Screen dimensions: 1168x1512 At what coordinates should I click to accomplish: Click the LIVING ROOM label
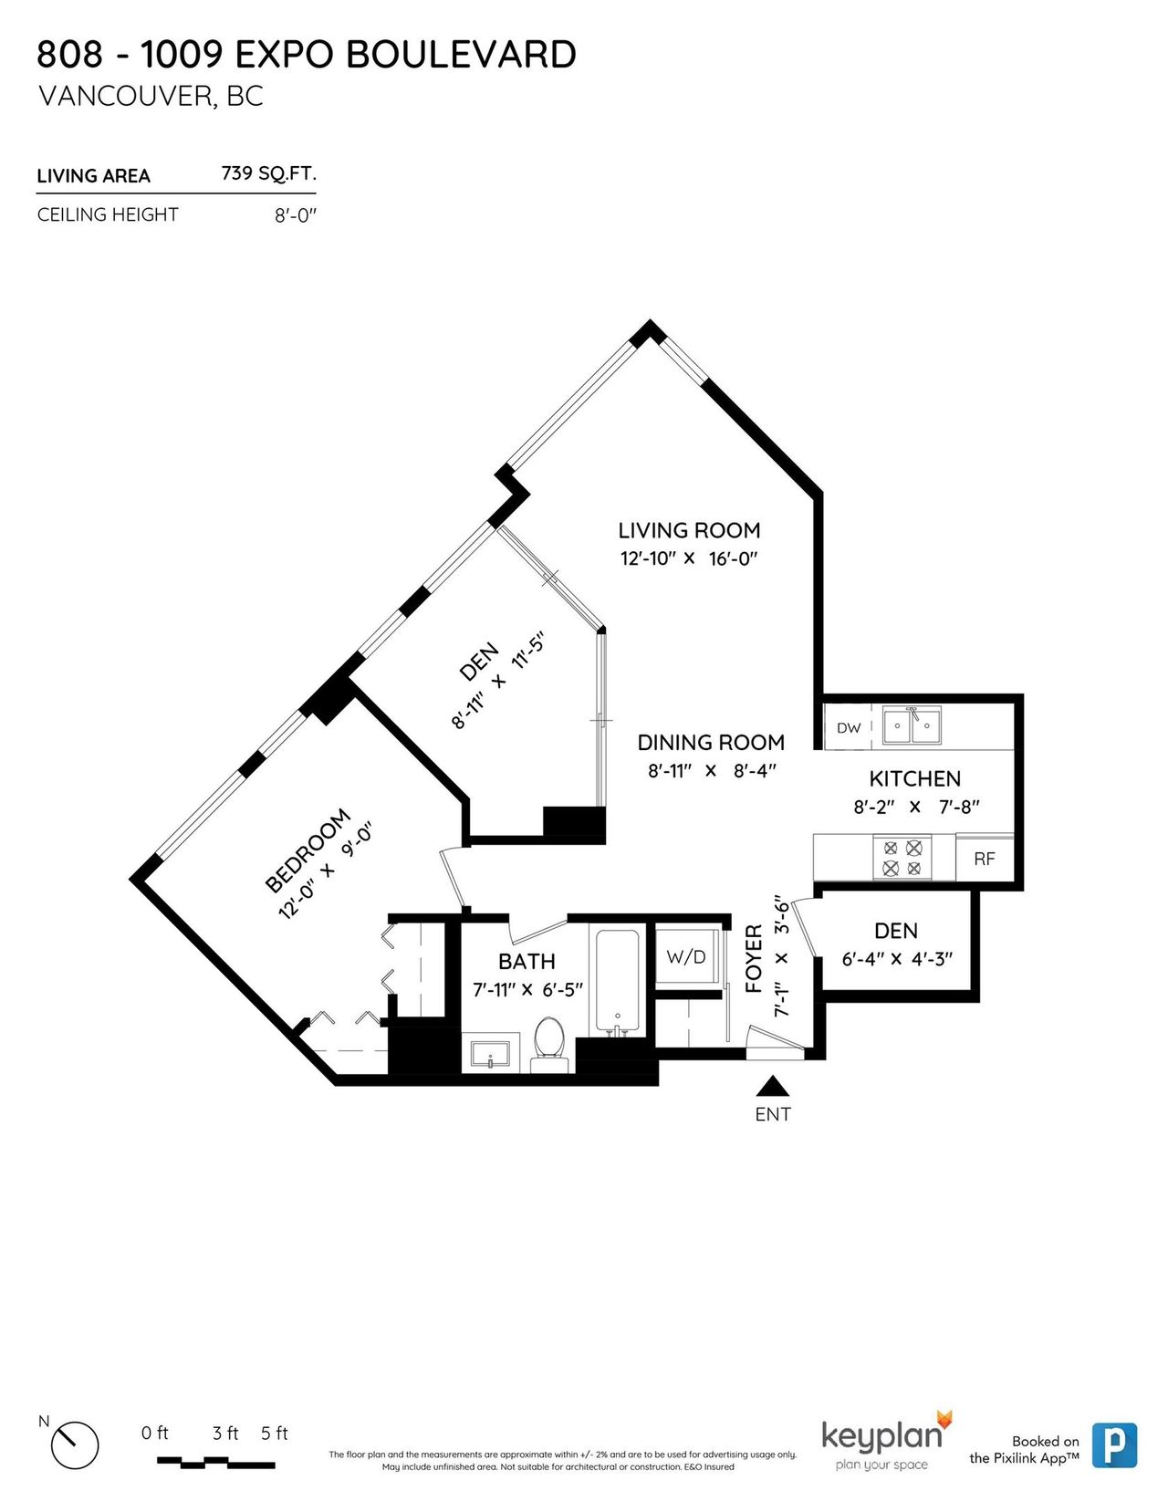(x=689, y=530)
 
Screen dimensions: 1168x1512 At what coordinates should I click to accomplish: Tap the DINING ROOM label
(x=711, y=743)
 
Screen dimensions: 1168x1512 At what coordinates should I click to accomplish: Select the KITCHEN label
(x=915, y=778)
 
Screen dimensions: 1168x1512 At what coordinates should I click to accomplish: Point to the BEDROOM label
(x=308, y=850)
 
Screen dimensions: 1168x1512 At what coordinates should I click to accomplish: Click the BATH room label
(x=527, y=962)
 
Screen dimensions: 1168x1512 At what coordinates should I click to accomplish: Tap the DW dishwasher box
(x=848, y=728)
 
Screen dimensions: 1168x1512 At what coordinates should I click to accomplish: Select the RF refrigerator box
(x=985, y=859)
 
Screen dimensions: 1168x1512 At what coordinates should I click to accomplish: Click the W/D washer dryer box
(x=686, y=956)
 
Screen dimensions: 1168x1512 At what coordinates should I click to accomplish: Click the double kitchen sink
(x=912, y=725)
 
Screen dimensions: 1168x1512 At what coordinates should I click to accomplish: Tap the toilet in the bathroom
(x=549, y=1044)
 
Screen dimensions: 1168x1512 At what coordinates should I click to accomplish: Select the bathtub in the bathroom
(x=617, y=983)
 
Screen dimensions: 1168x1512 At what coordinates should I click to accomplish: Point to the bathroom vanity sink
(x=490, y=1055)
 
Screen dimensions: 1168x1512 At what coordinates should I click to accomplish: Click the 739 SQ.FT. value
(x=268, y=173)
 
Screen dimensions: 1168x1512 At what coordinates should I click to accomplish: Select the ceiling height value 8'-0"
(x=295, y=215)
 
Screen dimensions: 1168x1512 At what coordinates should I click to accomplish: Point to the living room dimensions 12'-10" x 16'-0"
(x=689, y=558)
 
